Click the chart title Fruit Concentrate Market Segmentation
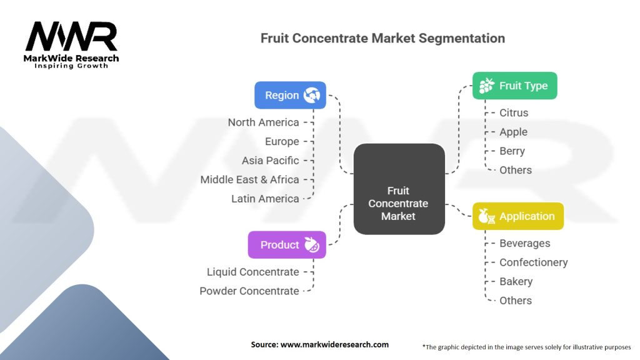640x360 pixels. tap(382, 38)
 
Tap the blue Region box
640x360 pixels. tap(290, 96)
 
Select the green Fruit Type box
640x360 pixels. tap(514, 86)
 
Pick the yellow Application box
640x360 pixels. tap(517, 216)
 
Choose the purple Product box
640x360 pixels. tap(287, 244)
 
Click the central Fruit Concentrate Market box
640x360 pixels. tap(399, 189)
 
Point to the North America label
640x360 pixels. tap(263, 122)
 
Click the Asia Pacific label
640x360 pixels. tap(270, 161)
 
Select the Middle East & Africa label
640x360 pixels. tap(249, 179)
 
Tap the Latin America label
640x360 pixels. tap(265, 199)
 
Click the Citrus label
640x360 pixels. tap(514, 113)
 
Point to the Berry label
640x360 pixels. tap(512, 151)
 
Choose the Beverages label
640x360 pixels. tap(524, 244)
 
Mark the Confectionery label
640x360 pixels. tap(533, 262)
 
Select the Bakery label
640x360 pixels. tap(516, 282)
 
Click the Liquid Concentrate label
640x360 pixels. tap(252, 272)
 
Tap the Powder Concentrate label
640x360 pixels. tap(249, 291)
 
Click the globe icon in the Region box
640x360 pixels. tap(311, 96)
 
